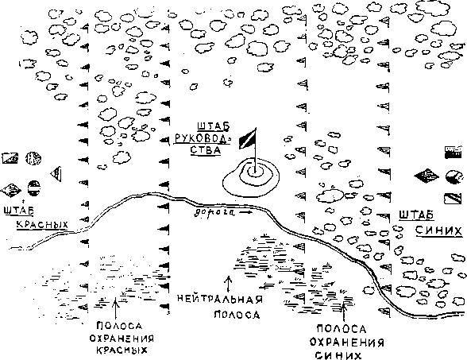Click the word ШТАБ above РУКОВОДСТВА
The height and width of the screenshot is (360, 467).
coord(214,126)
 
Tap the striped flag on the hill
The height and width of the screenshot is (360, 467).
coord(247,139)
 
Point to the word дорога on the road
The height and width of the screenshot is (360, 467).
coord(214,212)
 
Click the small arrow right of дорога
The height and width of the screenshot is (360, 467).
coord(245,212)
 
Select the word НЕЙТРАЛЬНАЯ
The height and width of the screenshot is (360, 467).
coord(220,298)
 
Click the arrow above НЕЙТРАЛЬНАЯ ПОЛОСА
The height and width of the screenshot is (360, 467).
coord(229,284)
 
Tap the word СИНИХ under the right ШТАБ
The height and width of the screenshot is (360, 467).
coord(438,231)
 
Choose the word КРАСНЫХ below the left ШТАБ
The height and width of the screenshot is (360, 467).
coord(42,224)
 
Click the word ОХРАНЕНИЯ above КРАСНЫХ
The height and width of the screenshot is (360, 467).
coord(122,339)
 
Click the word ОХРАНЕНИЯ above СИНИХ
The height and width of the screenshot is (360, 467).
coord(346,342)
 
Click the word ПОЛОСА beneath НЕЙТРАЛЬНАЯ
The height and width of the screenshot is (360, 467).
coord(237,315)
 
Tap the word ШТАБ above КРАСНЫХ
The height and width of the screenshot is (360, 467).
coord(19,211)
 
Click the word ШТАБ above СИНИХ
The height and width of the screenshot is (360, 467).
coord(416,215)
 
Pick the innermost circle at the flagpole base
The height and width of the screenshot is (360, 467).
coord(255,172)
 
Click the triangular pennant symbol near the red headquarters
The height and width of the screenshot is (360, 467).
coord(56,174)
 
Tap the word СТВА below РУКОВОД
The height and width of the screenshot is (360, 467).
coord(206,149)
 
